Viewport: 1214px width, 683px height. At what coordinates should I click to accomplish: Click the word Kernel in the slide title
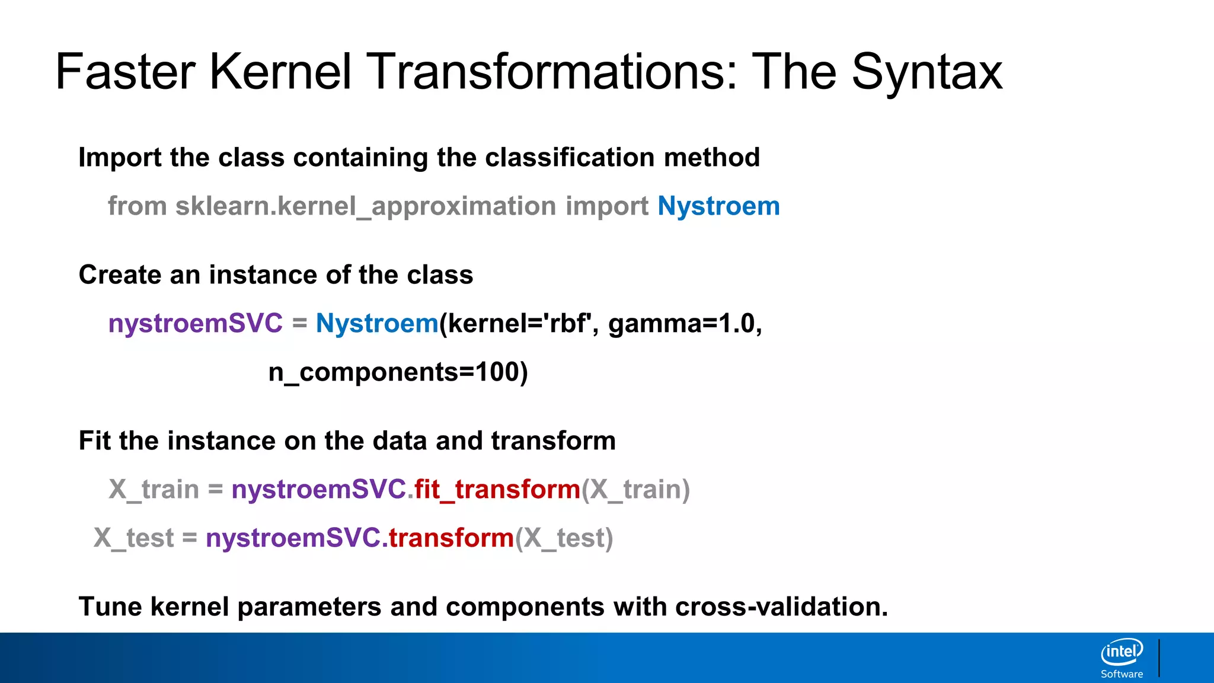coord(280,72)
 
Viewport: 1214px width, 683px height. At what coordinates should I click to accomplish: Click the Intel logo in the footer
coord(1122,652)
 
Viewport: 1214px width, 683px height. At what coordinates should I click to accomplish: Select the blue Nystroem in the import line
coord(718,206)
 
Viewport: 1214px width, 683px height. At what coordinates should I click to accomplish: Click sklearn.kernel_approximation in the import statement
coord(365,206)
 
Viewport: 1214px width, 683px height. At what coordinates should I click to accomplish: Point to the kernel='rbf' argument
coord(519,324)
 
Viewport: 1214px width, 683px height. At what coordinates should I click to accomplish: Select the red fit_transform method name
coord(497,490)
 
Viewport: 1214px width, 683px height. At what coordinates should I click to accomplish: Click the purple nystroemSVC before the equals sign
coord(196,324)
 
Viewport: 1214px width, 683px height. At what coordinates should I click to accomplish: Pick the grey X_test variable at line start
coord(134,538)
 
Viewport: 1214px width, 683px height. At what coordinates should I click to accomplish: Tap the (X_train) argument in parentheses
coord(635,490)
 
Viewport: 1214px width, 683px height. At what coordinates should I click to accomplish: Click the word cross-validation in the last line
coord(780,607)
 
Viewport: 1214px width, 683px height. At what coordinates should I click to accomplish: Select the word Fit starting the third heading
coord(95,441)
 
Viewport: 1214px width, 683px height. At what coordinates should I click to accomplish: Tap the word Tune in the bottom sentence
coord(110,607)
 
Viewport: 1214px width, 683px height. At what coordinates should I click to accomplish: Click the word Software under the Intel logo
coord(1122,674)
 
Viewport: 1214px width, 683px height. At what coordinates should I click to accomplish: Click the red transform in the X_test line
coord(451,538)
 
